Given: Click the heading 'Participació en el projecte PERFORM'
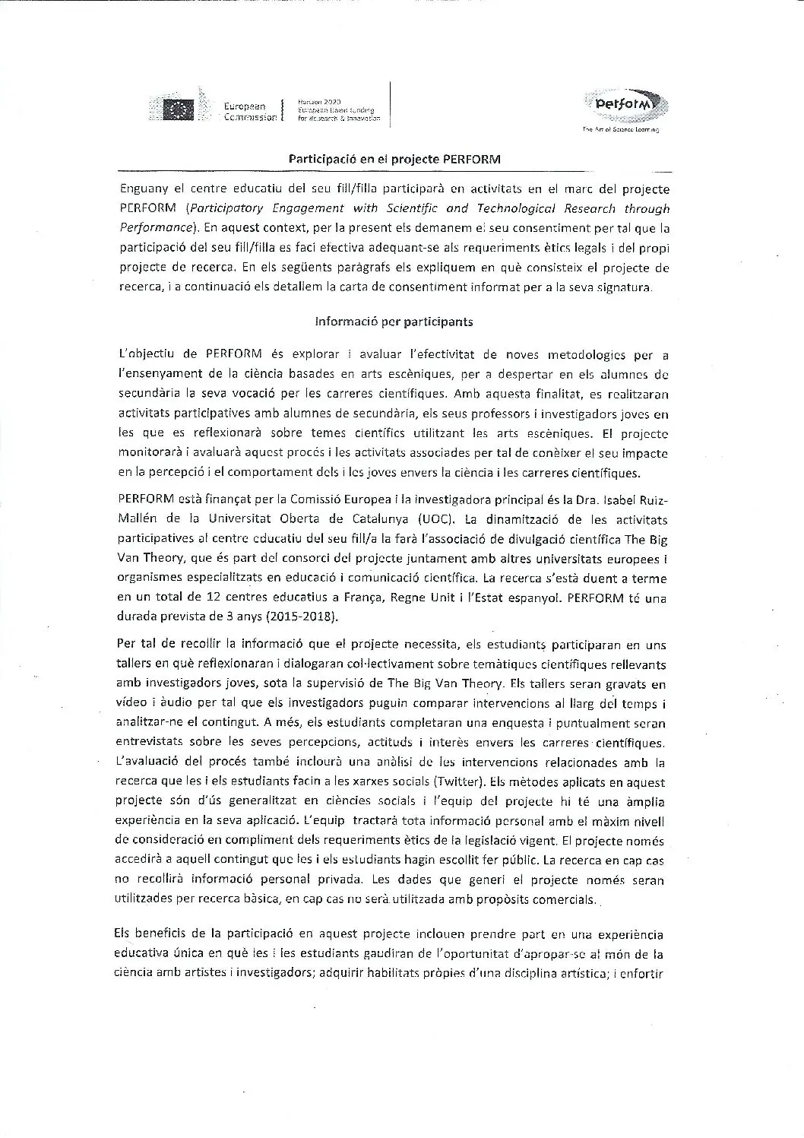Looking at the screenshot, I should pyautogui.click(x=394, y=160).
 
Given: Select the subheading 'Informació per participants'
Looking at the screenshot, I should pyautogui.click(x=394, y=321).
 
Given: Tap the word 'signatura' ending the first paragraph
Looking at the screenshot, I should pyautogui.click(x=619, y=287).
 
